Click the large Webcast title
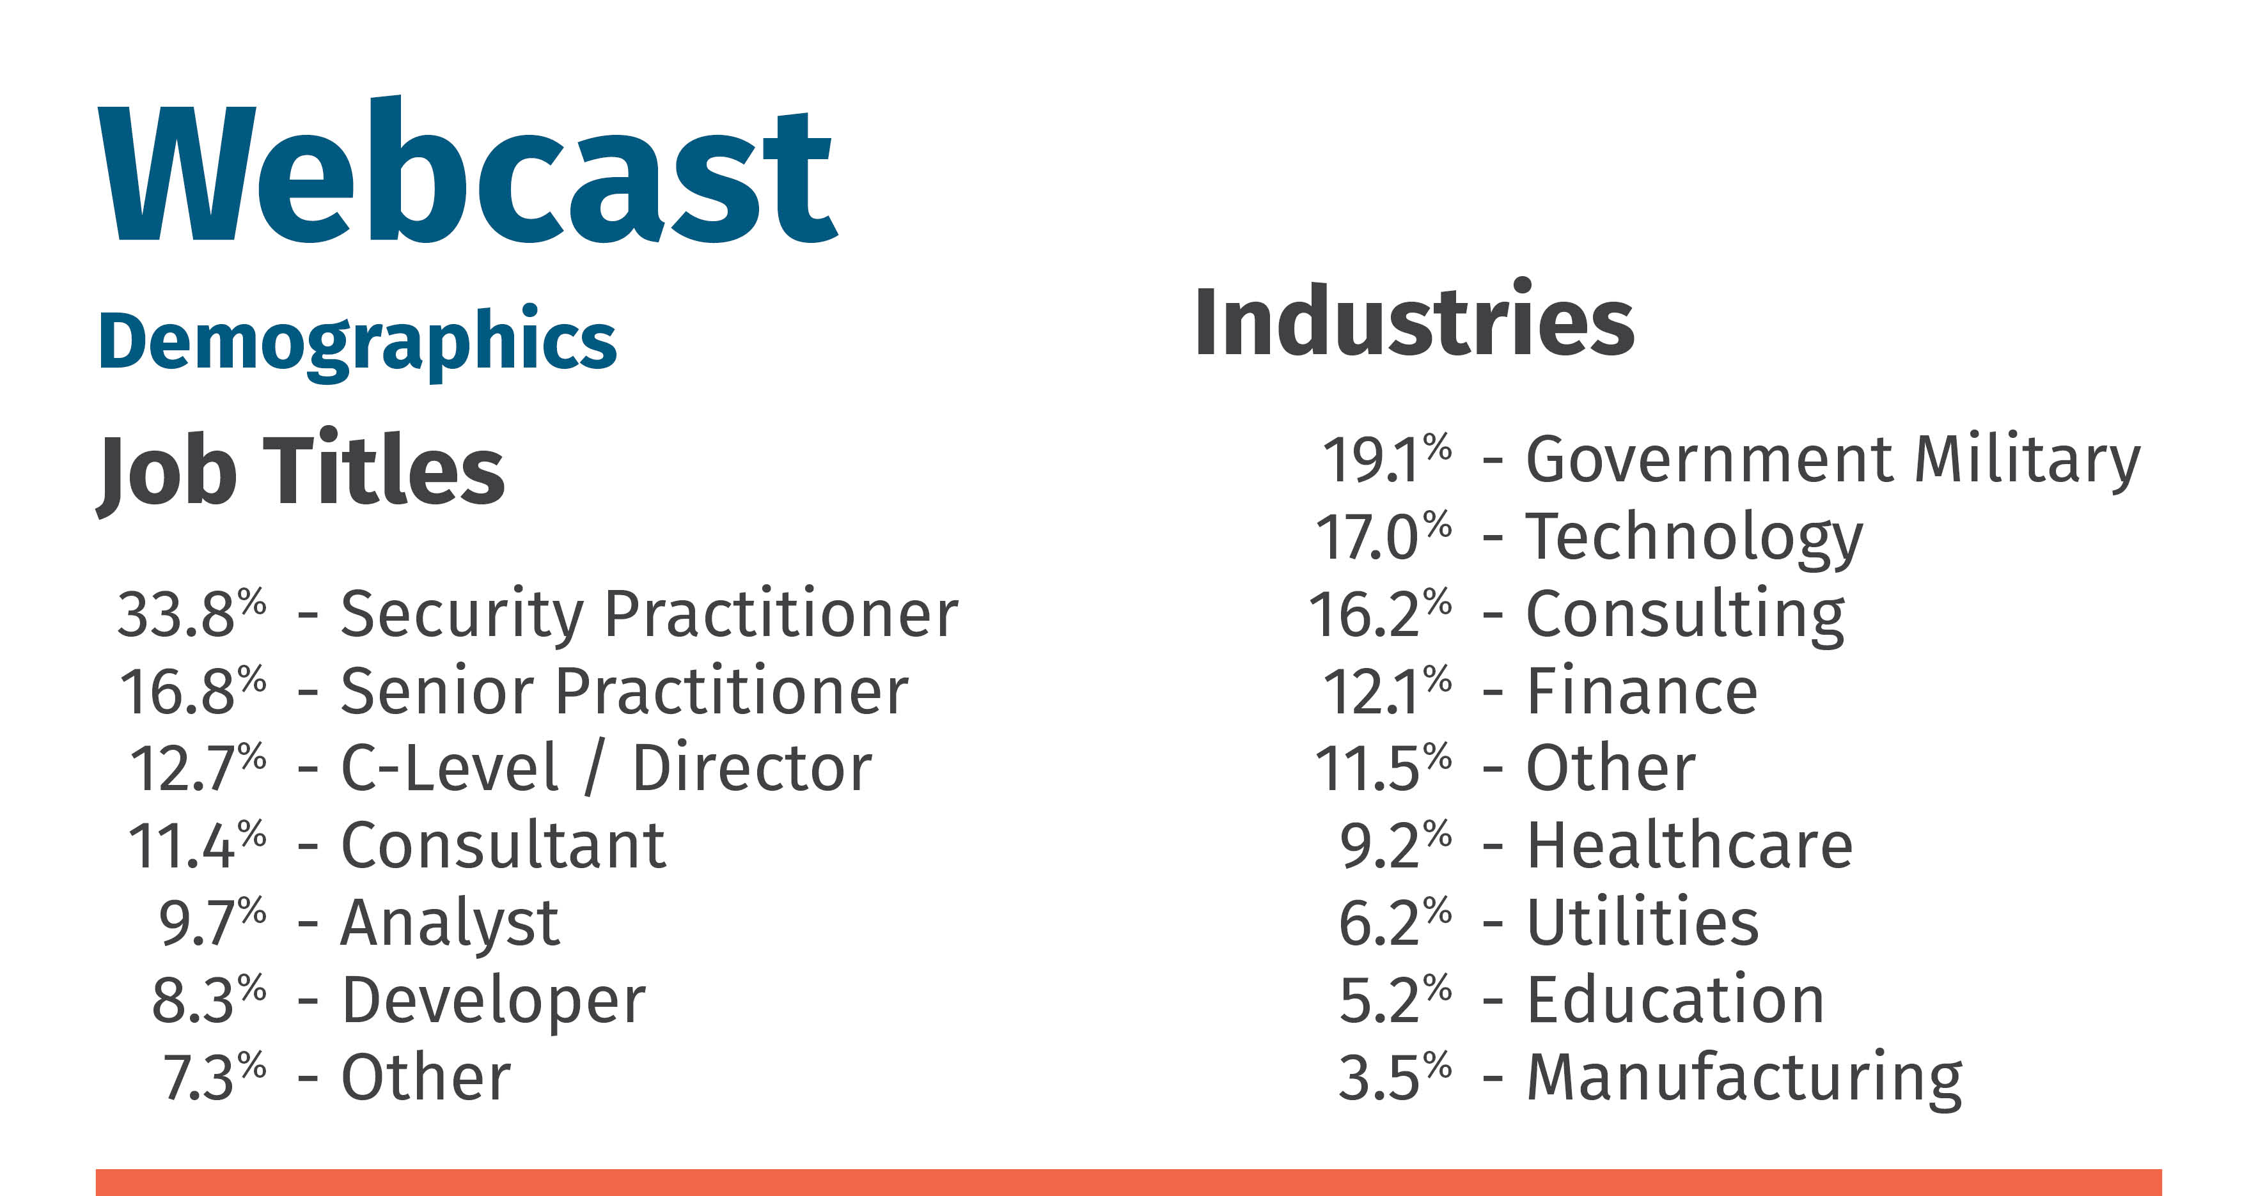tap(468, 170)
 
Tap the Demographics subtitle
tap(357, 343)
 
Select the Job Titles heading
tap(301, 471)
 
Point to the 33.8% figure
tap(192, 612)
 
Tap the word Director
tap(752, 768)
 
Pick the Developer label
tap(494, 1002)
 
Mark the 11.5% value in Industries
tap(1383, 768)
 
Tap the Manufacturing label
tap(1745, 1080)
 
